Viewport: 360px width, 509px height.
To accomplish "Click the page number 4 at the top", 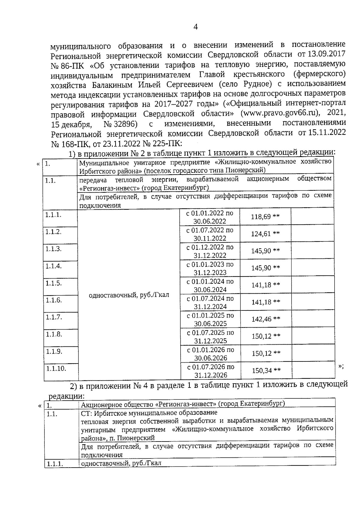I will coord(196,27).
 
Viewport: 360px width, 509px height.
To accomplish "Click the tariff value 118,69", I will coord(261,217).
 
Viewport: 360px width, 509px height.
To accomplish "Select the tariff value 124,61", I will coord(261,234).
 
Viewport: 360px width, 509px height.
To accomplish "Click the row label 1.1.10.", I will coord(56,369).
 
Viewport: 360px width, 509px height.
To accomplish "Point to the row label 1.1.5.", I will coord(53,283).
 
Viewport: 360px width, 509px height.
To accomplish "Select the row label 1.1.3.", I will coord(53,249).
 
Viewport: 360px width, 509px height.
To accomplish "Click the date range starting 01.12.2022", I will coord(210,251).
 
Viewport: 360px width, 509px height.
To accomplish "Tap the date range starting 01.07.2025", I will coord(210,337).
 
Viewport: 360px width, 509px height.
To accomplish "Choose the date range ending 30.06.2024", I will coord(210,286).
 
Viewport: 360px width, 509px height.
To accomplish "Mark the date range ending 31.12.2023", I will coord(210,268).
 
